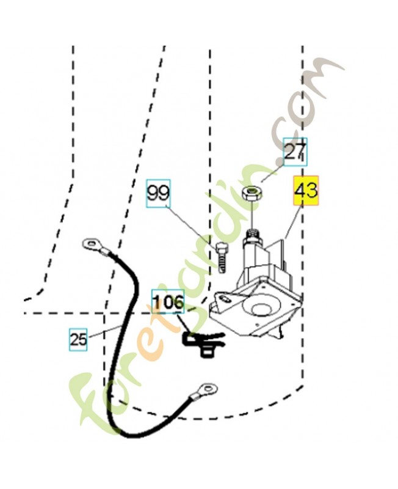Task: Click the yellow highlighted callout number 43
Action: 306,191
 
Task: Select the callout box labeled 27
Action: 295,152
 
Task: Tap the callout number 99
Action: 159,193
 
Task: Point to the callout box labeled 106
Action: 168,301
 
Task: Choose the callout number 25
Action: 78,339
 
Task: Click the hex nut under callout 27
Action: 253,195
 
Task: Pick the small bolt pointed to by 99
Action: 222,257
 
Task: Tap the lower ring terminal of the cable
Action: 206,390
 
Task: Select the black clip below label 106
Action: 203,343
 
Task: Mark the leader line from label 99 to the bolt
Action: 192,226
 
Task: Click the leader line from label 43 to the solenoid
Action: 293,222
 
